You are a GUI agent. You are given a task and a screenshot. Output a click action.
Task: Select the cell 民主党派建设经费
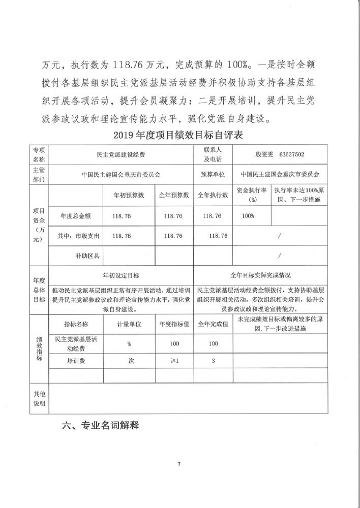(x=121, y=153)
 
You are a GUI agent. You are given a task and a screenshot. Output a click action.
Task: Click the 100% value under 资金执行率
(x=248, y=216)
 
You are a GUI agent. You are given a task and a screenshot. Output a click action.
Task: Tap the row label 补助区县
(x=84, y=256)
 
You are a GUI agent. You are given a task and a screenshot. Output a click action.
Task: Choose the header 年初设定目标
(x=121, y=275)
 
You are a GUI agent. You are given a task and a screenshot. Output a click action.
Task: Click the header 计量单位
(x=129, y=323)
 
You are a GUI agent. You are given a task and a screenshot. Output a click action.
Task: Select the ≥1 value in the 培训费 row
(x=175, y=361)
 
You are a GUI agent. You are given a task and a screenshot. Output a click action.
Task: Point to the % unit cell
(x=129, y=344)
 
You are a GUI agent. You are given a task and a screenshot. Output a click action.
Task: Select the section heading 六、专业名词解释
(x=100, y=426)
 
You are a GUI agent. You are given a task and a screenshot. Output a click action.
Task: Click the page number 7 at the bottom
(x=179, y=464)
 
